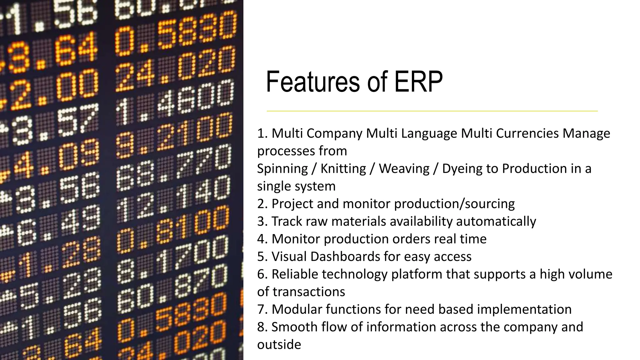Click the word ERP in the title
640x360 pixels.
coord(418,82)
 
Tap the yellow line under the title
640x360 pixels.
coord(432,111)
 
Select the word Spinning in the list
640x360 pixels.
coord(282,169)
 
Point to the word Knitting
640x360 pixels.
coord(343,169)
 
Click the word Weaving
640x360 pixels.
coord(404,169)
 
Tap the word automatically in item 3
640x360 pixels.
coord(496,222)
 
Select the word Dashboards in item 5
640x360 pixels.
coord(345,257)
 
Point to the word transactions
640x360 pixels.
coord(309,292)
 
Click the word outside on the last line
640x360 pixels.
coord(279,345)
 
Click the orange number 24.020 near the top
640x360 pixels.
coord(175,69)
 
